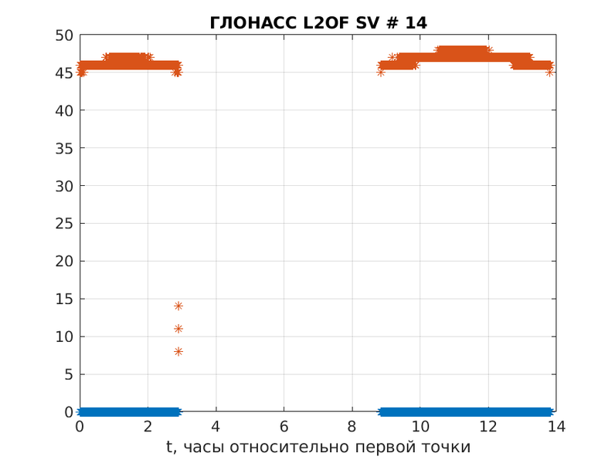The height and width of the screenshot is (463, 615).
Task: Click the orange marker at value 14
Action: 178,306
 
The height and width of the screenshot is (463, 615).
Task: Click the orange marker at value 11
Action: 178,329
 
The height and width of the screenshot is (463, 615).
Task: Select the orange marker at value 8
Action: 178,351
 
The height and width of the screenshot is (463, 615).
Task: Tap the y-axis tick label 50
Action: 63,35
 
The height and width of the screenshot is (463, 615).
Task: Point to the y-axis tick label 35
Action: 63,148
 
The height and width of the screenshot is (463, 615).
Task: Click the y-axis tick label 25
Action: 63,224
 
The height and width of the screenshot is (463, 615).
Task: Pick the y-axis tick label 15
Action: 63,299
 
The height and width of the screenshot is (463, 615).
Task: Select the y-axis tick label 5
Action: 68,374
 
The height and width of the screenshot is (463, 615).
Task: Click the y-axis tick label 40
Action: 63,110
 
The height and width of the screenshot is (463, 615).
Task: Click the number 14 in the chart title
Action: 416,23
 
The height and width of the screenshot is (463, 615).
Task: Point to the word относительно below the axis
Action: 292,448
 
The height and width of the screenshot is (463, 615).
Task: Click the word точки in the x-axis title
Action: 446,448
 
